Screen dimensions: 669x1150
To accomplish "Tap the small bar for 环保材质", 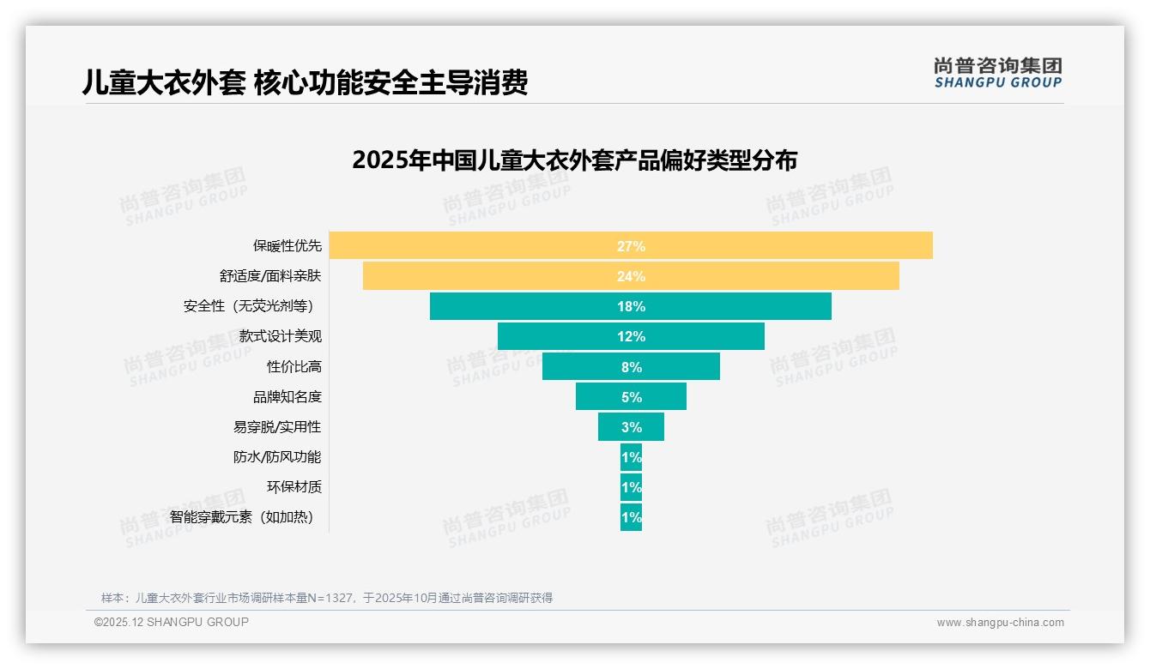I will (x=631, y=487).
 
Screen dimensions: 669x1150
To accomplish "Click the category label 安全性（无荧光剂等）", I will (x=252, y=306).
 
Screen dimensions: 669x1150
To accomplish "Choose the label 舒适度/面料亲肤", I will (x=269, y=276).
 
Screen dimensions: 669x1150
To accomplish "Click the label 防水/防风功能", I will (x=277, y=457).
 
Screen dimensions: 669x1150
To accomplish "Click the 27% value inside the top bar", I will (x=631, y=246).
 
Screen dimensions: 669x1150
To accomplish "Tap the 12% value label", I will (x=631, y=336).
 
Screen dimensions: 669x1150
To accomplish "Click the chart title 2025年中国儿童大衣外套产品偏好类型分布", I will (x=574, y=160).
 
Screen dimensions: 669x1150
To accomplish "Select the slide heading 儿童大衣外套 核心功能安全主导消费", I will (x=305, y=82).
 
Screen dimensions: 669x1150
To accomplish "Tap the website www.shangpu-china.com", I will (x=1000, y=623).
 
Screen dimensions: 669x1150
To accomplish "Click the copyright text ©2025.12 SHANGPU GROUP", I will (x=172, y=622).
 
